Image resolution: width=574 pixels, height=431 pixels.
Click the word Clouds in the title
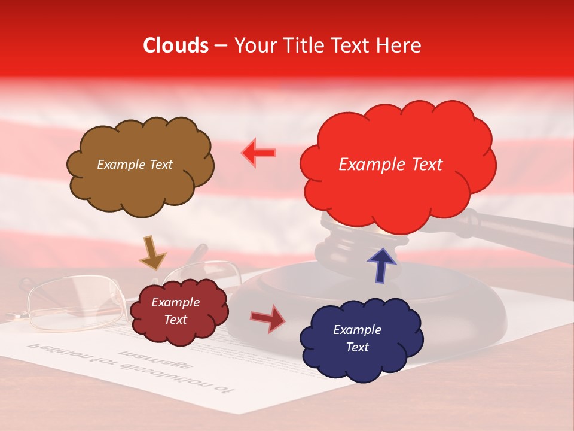[176, 45]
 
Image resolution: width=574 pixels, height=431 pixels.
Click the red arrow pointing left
[258, 153]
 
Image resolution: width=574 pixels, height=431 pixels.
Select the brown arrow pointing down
[152, 253]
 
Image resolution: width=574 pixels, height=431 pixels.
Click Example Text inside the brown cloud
[135, 165]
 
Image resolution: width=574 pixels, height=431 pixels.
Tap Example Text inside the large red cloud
[390, 165]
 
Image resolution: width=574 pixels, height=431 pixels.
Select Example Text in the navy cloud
[357, 338]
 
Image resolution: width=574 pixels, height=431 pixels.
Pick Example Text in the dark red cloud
[175, 311]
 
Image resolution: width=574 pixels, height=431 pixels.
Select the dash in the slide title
[221, 46]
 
